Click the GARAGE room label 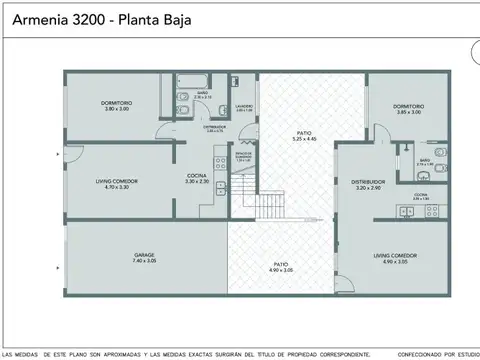[144, 256]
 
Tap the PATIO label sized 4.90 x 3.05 [280, 266]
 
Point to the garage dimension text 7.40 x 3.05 [144, 261]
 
